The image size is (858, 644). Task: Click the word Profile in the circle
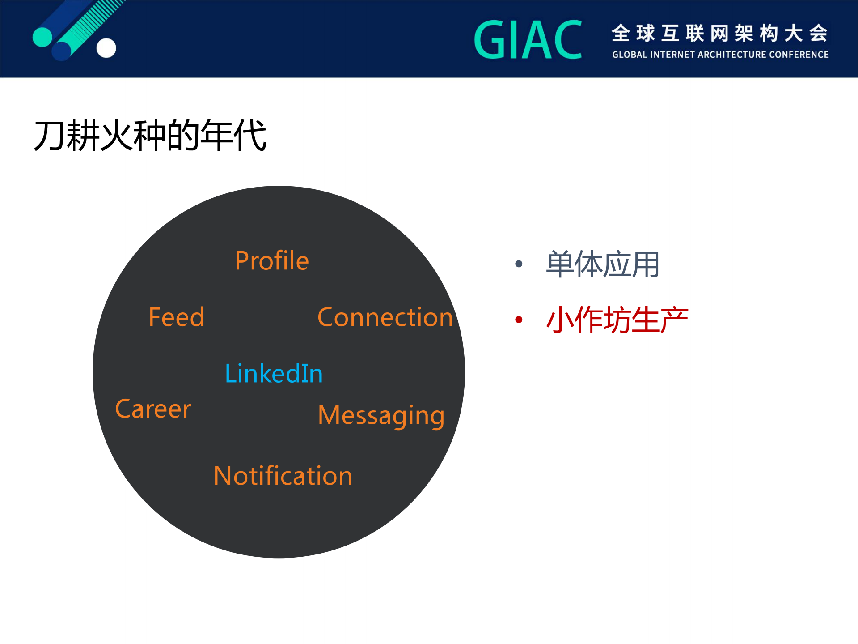click(272, 260)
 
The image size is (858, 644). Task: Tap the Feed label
click(176, 317)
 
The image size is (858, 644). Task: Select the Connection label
click(385, 317)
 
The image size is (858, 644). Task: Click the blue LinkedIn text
click(274, 373)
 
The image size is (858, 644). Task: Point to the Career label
click(153, 409)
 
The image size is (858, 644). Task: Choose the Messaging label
click(381, 416)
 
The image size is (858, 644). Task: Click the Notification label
click(283, 476)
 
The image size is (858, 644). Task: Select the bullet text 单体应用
click(602, 264)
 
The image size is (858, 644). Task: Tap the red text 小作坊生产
click(617, 320)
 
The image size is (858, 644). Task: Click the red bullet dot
click(519, 320)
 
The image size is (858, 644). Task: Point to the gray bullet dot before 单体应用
click(519, 264)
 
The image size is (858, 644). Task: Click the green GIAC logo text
click(528, 40)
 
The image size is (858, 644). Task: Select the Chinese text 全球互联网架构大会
click(720, 33)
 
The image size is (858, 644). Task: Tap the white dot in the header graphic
click(106, 48)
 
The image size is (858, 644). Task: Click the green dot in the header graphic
click(42, 37)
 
